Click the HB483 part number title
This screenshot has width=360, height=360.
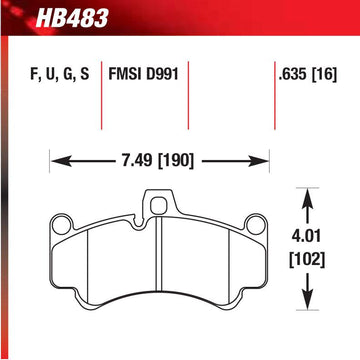coord(72,17)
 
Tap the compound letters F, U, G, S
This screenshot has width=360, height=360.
coord(60,74)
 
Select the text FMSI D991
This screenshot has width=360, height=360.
coord(143,74)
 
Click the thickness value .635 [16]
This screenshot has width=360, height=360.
coord(308,74)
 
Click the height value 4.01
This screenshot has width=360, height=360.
coord(307,236)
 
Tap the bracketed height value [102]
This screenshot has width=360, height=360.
coord(307,260)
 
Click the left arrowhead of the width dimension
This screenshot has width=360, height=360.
coord(59,161)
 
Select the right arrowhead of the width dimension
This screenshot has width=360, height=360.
coord(260,161)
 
